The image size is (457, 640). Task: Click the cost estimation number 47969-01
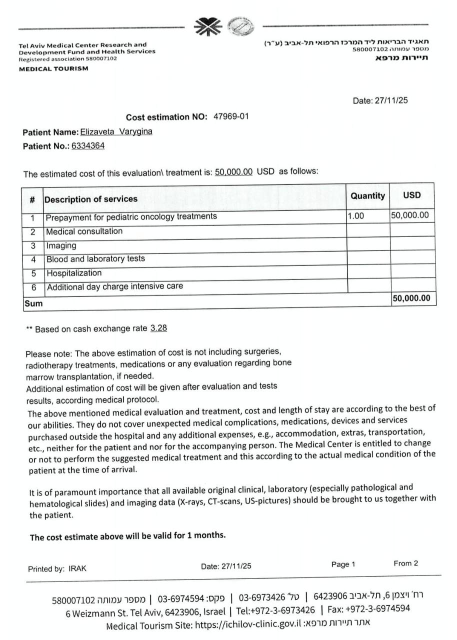230,116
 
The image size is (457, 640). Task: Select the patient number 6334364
88,146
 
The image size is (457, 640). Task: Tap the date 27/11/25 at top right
393,100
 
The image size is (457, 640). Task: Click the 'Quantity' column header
367,196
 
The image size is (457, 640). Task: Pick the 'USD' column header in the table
412,195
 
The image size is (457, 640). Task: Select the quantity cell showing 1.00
356,216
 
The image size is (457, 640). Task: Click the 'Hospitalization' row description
74,273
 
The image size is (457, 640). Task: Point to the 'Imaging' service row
61,245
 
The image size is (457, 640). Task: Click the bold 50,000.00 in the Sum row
411,298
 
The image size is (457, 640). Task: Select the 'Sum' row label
33,303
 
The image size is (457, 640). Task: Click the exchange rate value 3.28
158,328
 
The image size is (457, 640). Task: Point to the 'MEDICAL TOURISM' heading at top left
53,68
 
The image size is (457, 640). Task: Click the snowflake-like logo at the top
207,26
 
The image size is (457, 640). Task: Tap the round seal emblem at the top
240,26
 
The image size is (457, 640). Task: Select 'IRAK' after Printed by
77,569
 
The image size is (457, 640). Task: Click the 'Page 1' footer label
343,564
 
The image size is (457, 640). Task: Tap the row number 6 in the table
33,287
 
